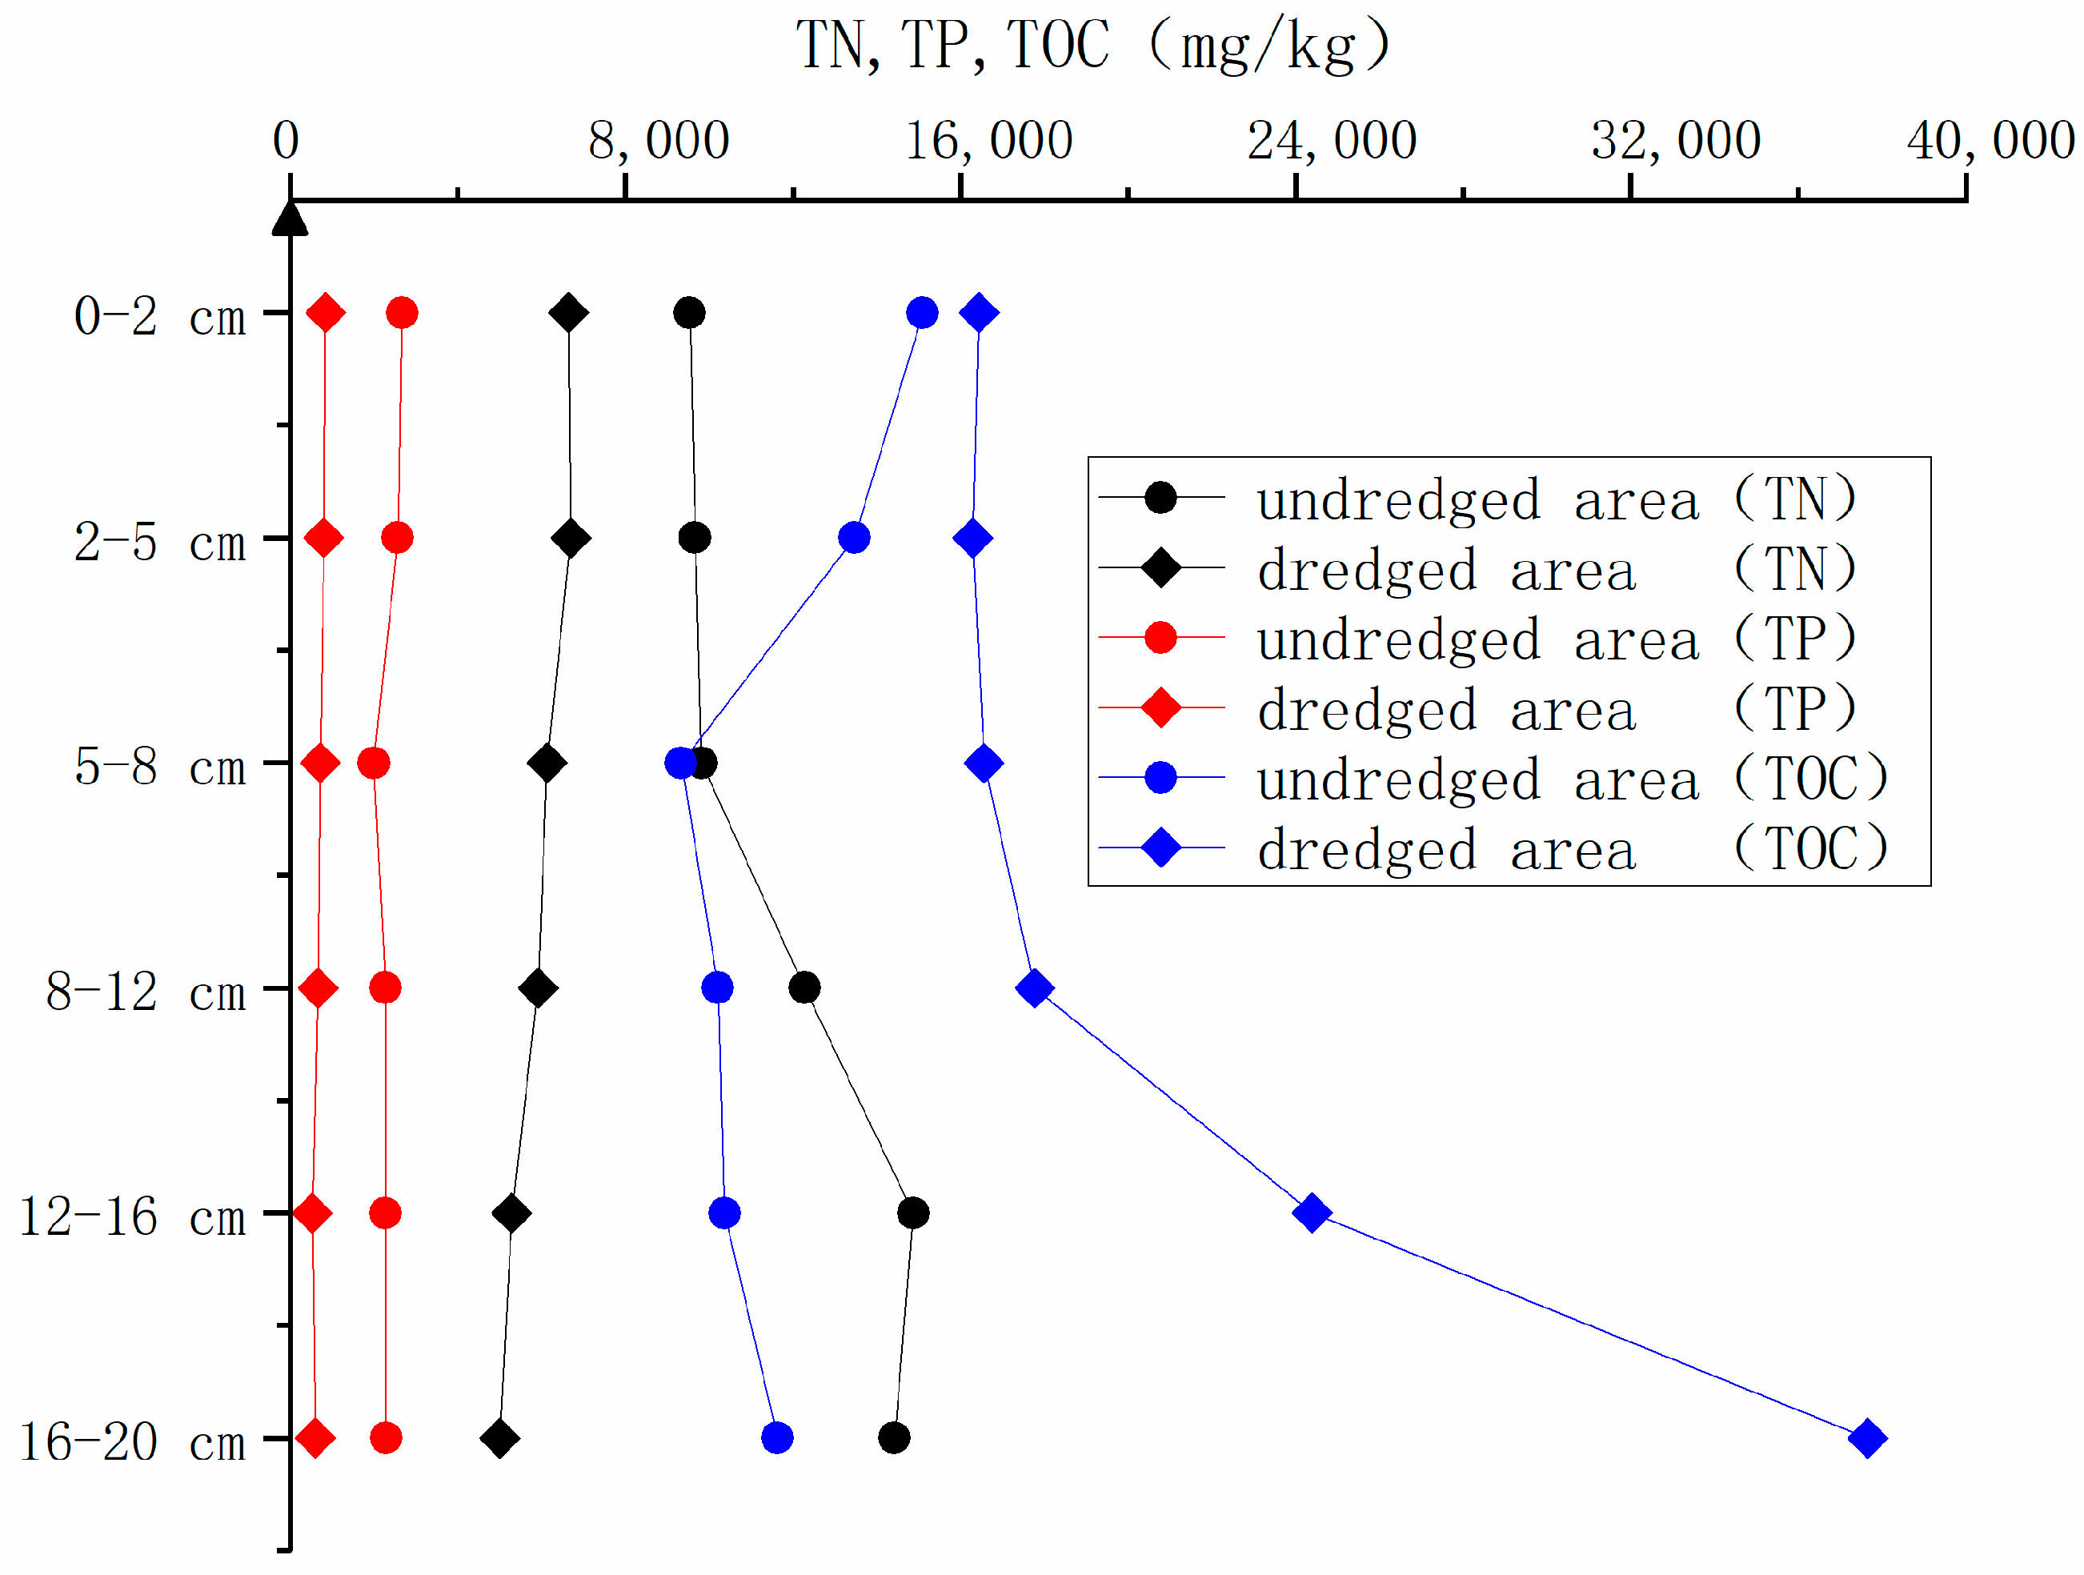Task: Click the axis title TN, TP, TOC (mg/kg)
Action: pos(1093,45)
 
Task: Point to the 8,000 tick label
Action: pos(659,142)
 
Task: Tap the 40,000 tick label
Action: pos(1990,142)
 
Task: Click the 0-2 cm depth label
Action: pos(159,316)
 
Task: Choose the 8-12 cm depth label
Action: pos(145,992)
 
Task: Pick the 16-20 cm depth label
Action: pos(132,1442)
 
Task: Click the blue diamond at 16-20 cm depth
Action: pos(1867,1438)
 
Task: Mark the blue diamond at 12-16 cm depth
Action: pos(1312,1213)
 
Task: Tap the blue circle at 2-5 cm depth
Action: pos(854,538)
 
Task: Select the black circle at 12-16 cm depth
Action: pos(913,1213)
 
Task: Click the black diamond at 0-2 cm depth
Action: pos(568,313)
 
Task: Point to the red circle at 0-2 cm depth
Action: pos(403,313)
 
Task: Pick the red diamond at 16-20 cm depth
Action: pos(315,1438)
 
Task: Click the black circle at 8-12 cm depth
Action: pos(804,988)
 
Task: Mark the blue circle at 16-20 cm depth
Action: pos(776,1438)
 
